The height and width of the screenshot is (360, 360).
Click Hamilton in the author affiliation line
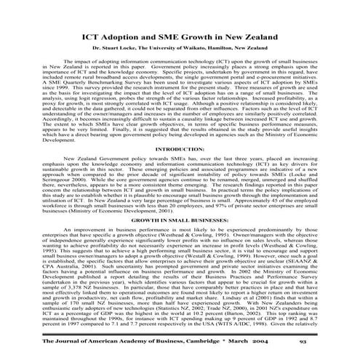(231, 48)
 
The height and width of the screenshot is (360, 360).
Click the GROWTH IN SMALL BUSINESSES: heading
(180, 219)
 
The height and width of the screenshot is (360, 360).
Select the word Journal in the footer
(52, 342)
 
